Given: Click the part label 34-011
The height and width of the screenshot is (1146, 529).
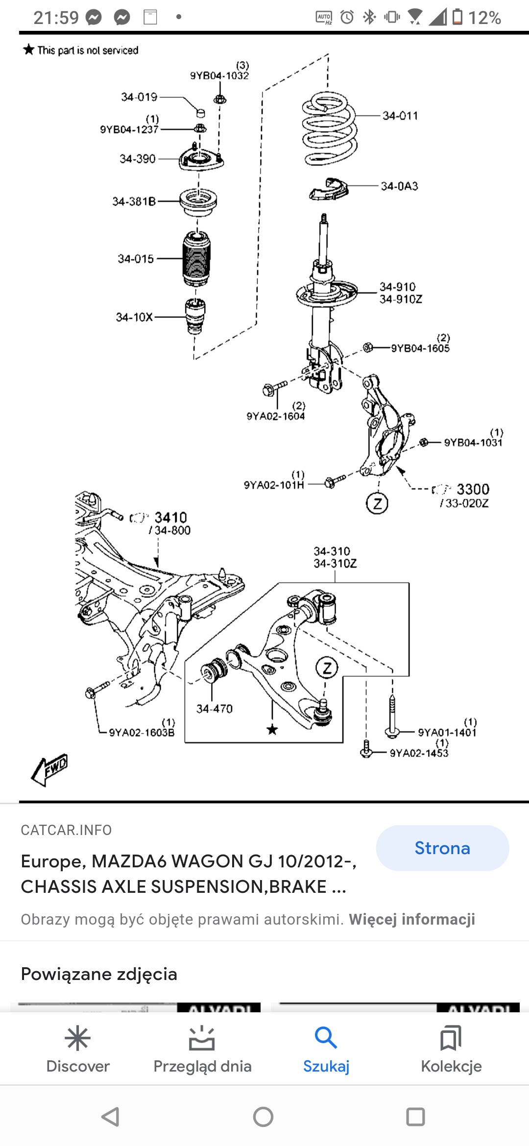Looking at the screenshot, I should pyautogui.click(x=400, y=116).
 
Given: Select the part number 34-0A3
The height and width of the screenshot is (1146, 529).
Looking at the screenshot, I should pyautogui.click(x=400, y=186).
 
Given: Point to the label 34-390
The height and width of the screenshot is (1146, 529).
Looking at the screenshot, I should pyautogui.click(x=138, y=159).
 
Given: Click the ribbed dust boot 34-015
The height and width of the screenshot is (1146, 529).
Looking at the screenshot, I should pyautogui.click(x=197, y=259).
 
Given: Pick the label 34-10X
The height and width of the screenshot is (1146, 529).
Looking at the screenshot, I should pyautogui.click(x=134, y=317).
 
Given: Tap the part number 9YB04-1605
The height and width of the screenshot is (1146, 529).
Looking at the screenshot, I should pyautogui.click(x=420, y=348).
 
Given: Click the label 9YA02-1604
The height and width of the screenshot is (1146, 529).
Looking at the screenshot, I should pyautogui.click(x=276, y=416).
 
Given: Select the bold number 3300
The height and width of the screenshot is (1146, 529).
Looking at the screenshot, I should pyautogui.click(x=473, y=489).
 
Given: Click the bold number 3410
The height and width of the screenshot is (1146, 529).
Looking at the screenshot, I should pyautogui.click(x=170, y=518).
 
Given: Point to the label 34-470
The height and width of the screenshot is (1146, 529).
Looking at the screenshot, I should pyautogui.click(x=215, y=709).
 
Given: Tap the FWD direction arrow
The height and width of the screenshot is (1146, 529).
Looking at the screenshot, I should pyautogui.click(x=49, y=769).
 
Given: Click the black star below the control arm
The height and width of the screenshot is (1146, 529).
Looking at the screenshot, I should pyautogui.click(x=272, y=730).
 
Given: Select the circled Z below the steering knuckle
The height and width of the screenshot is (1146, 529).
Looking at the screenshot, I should pyautogui.click(x=377, y=503).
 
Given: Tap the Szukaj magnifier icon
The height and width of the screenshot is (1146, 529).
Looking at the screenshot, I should pyautogui.click(x=326, y=1038).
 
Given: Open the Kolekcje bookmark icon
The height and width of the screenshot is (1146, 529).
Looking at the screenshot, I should pyautogui.click(x=451, y=1038).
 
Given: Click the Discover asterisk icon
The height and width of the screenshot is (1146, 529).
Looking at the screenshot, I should pyautogui.click(x=78, y=1038).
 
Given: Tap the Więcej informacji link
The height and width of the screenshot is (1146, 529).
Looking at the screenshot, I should pyautogui.click(x=412, y=919).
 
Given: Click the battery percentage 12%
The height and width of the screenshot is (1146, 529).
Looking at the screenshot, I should pyautogui.click(x=484, y=18).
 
